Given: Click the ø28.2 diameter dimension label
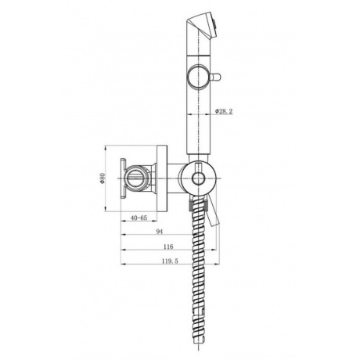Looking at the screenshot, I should coord(225,112).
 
